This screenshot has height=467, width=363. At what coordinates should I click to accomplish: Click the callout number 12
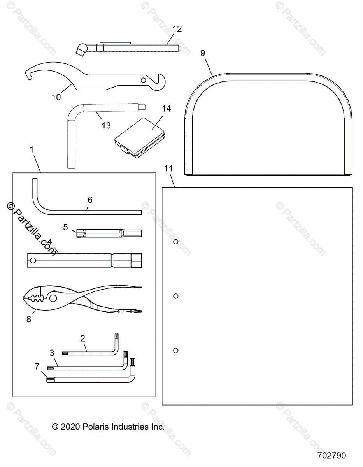click(177, 28)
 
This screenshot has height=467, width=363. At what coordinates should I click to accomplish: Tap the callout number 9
click(202, 53)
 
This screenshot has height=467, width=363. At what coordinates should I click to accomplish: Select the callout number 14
click(166, 109)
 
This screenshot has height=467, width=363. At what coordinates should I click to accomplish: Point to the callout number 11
click(168, 169)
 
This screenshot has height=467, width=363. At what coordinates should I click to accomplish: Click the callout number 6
click(90, 200)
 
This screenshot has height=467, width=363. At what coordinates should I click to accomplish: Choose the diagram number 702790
click(331, 455)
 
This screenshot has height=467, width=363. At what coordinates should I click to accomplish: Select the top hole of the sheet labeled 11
click(176, 242)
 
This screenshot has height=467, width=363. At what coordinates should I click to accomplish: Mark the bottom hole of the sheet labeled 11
click(176, 350)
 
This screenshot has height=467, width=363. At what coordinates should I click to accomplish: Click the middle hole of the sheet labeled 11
click(176, 296)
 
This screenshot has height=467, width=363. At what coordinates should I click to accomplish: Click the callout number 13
click(105, 125)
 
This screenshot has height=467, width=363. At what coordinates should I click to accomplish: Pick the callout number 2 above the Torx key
click(82, 339)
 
